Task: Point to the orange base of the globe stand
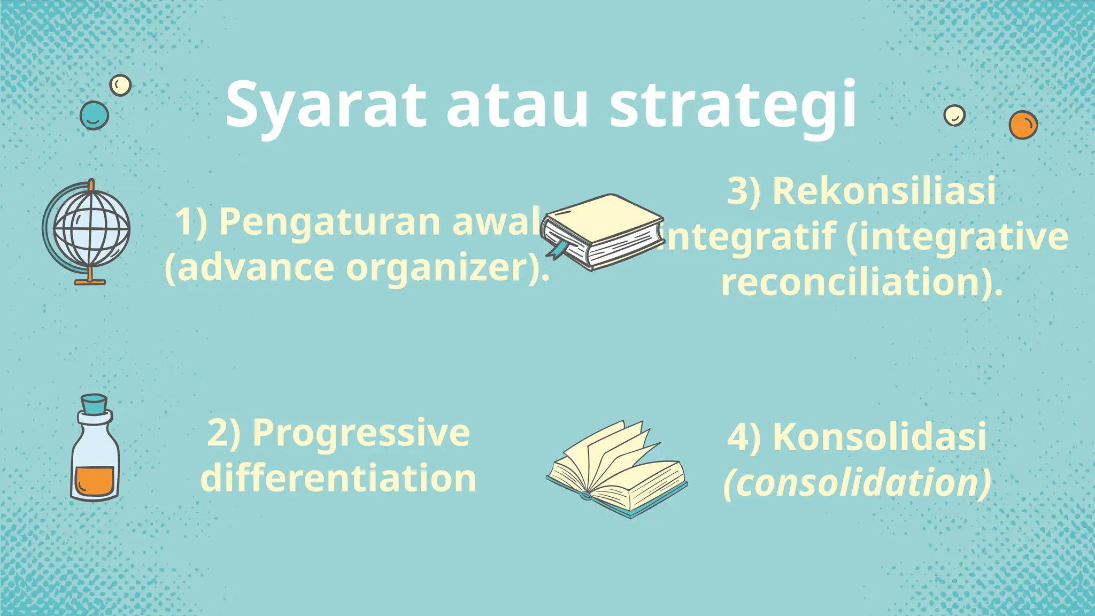[90, 281]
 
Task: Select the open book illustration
[618, 471]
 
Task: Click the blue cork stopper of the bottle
[94, 404]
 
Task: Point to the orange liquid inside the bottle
[94, 480]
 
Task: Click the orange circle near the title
[1023, 125]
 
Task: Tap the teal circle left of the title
[94, 115]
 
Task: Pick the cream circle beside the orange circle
[954, 115]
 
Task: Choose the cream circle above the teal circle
[120, 85]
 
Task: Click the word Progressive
[361, 433]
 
